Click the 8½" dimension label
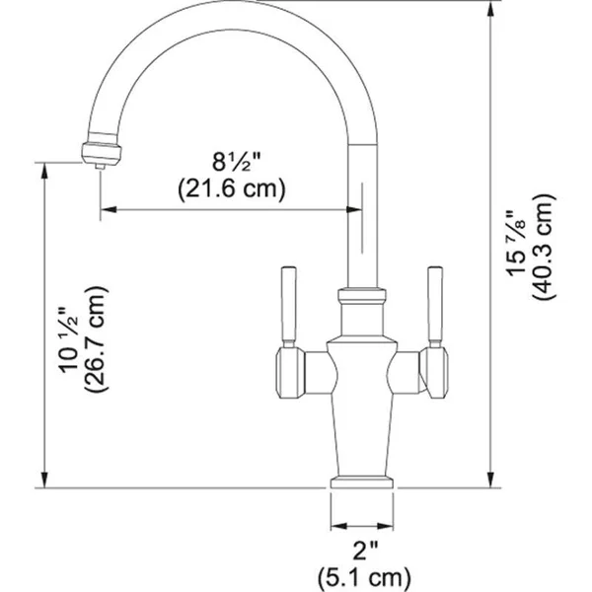(x=237, y=163)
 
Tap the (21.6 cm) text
(x=232, y=188)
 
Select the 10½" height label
(x=68, y=339)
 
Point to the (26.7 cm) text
(x=96, y=339)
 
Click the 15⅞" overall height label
(x=515, y=243)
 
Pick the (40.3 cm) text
(x=544, y=247)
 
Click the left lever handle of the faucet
(x=289, y=307)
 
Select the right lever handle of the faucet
(x=435, y=307)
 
